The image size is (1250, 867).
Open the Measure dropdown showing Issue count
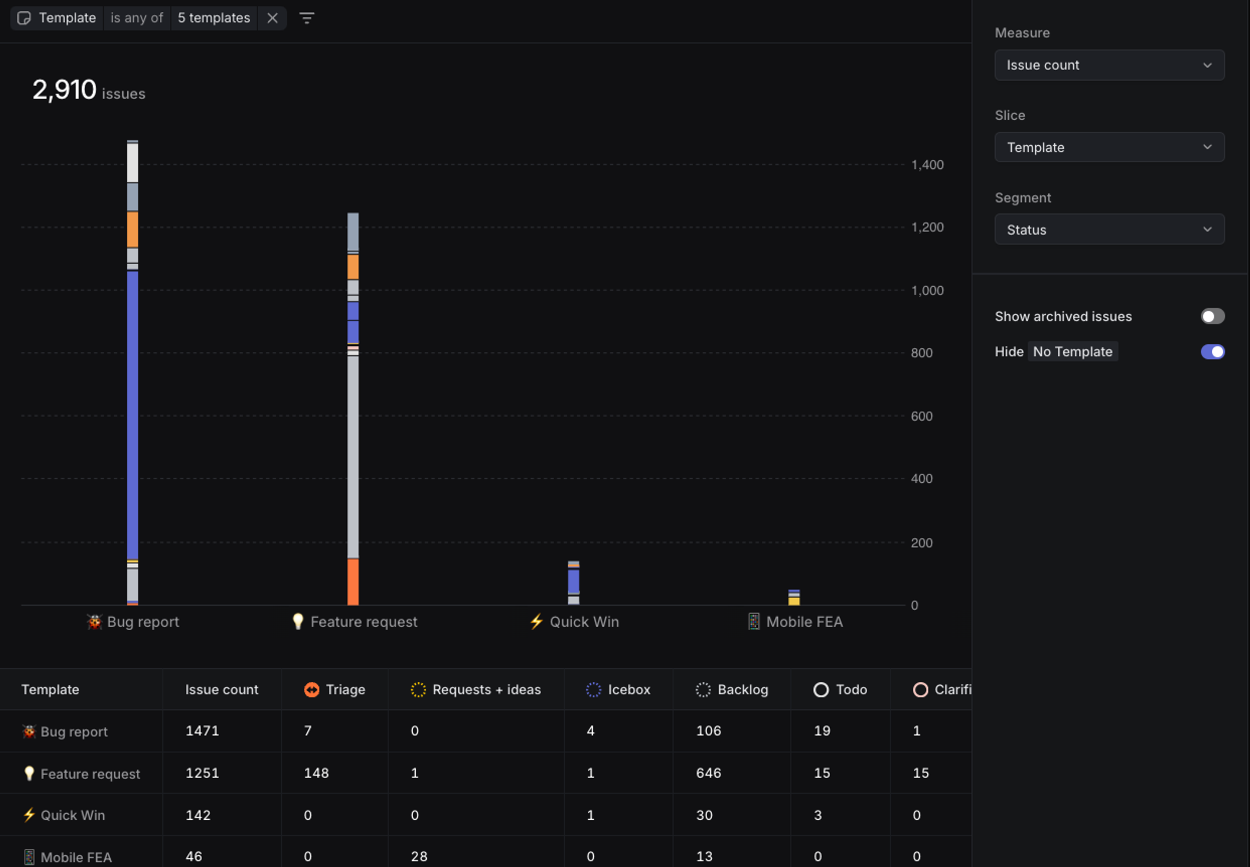click(x=1109, y=65)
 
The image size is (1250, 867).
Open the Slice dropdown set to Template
click(x=1109, y=147)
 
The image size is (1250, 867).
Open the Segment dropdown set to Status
click(x=1109, y=229)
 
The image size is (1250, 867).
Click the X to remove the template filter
click(x=272, y=18)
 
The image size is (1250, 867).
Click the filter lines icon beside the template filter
click(x=306, y=18)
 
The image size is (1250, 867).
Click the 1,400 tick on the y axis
click(x=927, y=165)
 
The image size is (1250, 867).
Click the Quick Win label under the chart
click(x=584, y=622)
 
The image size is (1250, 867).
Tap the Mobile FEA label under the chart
click(x=804, y=622)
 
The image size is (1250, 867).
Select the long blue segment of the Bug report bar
click(x=132, y=416)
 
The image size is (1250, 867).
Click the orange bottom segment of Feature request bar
click(x=353, y=582)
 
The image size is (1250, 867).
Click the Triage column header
click(x=345, y=689)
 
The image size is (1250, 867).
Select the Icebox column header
click(x=628, y=689)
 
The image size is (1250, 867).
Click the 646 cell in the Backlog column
click(x=708, y=772)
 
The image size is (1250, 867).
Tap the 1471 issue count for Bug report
click(x=202, y=731)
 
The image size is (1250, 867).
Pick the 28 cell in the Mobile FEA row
click(x=418, y=856)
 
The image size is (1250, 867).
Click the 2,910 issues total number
click(x=64, y=90)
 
